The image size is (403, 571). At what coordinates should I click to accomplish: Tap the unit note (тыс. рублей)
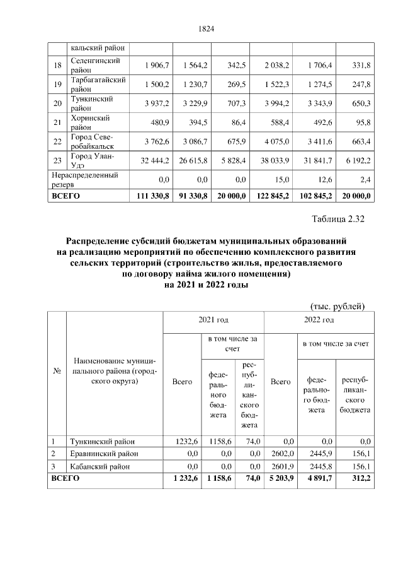click(x=338, y=306)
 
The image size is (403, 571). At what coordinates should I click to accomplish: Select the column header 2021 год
click(x=213, y=321)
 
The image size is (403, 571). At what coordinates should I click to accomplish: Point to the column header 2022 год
click(x=319, y=321)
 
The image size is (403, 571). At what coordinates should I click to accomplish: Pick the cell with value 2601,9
click(x=279, y=466)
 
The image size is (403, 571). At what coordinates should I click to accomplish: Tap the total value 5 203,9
click(x=278, y=479)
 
